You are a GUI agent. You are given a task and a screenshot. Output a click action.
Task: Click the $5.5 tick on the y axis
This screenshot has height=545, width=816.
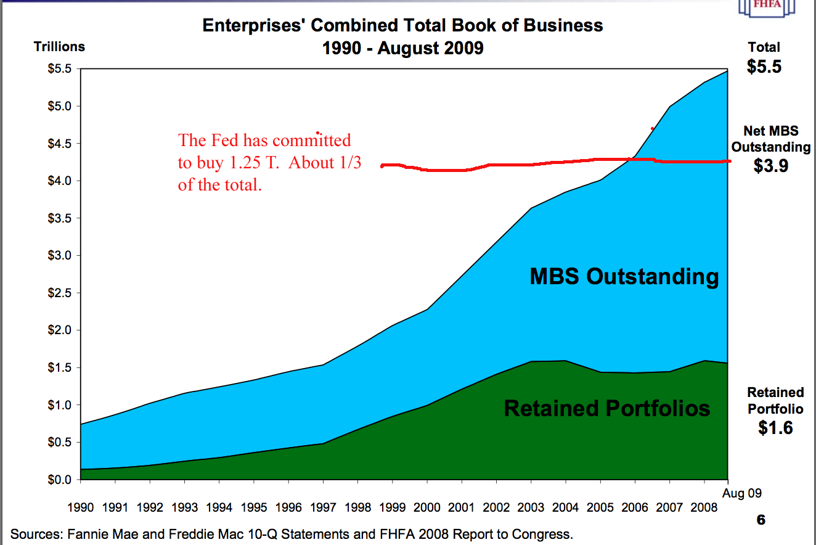(60, 69)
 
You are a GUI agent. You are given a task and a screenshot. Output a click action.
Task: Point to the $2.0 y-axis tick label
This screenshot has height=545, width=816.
(60, 330)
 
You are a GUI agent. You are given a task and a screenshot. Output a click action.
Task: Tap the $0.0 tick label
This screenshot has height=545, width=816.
(60, 480)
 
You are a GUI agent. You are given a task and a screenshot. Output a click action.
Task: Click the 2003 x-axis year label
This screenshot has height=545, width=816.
(531, 507)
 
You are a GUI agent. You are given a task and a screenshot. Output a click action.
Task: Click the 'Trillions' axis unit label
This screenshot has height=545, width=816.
(60, 47)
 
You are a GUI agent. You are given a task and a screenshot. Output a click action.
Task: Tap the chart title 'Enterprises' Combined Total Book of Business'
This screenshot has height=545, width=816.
(402, 26)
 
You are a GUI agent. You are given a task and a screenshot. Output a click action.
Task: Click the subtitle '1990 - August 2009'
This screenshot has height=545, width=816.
(402, 47)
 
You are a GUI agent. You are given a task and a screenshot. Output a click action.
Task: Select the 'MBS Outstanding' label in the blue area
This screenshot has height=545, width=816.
(624, 276)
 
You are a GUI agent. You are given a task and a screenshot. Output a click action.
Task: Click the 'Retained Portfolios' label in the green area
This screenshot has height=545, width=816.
(607, 408)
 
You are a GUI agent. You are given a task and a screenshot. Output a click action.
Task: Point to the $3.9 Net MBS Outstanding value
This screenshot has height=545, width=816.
(771, 165)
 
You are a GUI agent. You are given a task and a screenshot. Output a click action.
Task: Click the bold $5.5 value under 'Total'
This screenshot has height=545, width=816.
(764, 66)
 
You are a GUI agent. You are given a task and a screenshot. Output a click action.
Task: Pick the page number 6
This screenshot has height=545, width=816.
(761, 520)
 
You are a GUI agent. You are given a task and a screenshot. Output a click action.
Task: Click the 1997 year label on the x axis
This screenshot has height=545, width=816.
(323, 507)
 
